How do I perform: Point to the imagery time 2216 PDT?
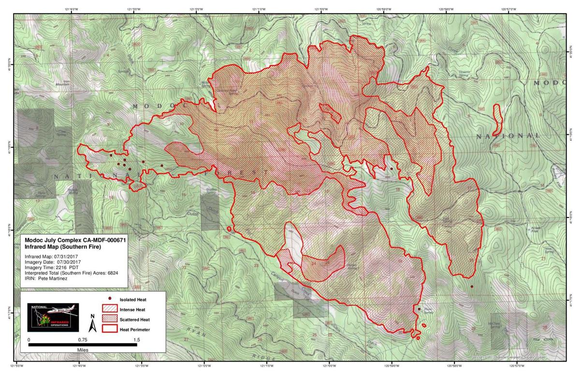coord(68,267)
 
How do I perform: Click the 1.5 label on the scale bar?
coord(137,340)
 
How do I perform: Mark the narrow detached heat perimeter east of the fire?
coord(495,119)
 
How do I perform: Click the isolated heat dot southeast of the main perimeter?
coord(472,287)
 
